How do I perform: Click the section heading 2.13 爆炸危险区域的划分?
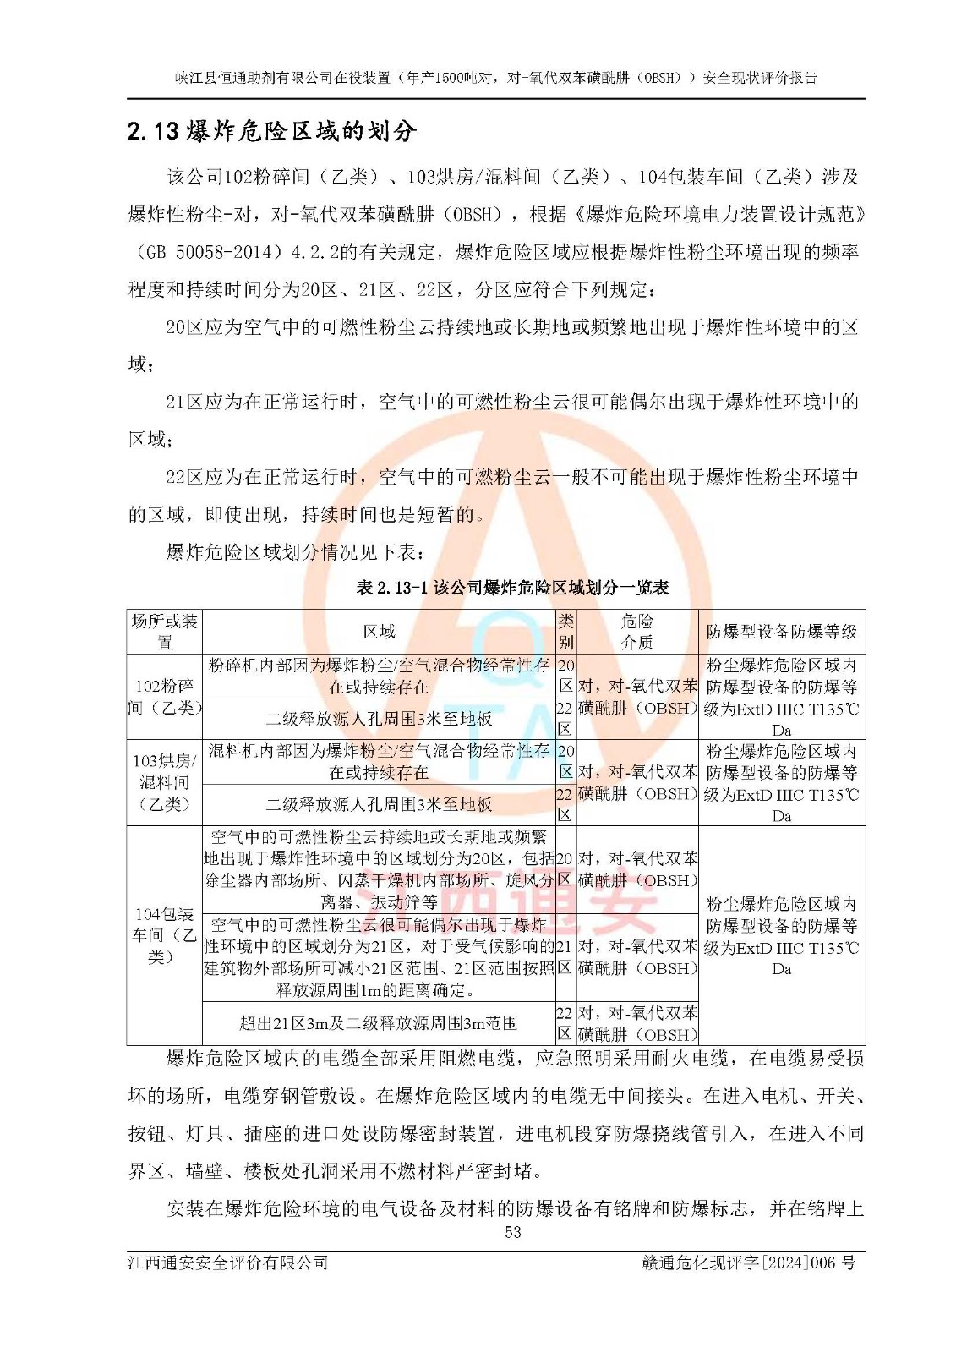click(x=272, y=132)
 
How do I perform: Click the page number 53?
click(x=513, y=1232)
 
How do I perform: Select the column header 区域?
click(x=379, y=632)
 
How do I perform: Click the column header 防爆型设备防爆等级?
click(x=782, y=632)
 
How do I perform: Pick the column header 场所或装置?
click(x=164, y=632)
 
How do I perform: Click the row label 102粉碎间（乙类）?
click(x=164, y=697)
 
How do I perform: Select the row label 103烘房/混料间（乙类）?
click(x=164, y=782)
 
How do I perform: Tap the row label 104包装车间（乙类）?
click(x=164, y=935)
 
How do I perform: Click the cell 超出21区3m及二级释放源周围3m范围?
click(x=379, y=1023)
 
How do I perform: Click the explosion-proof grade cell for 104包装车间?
click(x=782, y=935)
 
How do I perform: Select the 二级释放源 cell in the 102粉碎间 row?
click(x=379, y=719)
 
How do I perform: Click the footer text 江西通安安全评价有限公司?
click(x=228, y=1263)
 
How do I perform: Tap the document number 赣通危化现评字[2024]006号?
click(x=749, y=1263)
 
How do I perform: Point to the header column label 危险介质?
click(x=637, y=632)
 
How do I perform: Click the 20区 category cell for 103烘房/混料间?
click(x=565, y=761)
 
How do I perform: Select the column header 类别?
click(x=565, y=632)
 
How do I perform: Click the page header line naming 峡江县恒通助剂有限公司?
click(x=496, y=78)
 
